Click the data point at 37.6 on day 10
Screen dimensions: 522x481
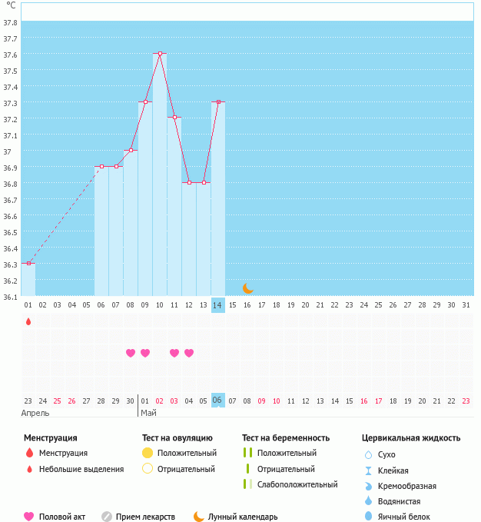160,53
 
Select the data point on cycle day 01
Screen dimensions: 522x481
28,263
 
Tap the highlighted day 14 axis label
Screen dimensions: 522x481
218,304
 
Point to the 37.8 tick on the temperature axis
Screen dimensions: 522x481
11,22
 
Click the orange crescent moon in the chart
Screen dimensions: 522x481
247,288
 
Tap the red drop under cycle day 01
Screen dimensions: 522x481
28,321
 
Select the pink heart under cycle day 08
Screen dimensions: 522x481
131,353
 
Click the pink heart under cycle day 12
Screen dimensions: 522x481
189,353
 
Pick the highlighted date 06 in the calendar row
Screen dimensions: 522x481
218,400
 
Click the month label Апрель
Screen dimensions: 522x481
36,413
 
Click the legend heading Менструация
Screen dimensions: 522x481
50,437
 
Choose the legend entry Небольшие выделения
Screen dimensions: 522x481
81,469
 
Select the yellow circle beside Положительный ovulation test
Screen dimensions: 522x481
148,453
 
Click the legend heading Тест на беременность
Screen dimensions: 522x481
286,437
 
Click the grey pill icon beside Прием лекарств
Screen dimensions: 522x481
107,517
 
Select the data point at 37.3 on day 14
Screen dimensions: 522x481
218,101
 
